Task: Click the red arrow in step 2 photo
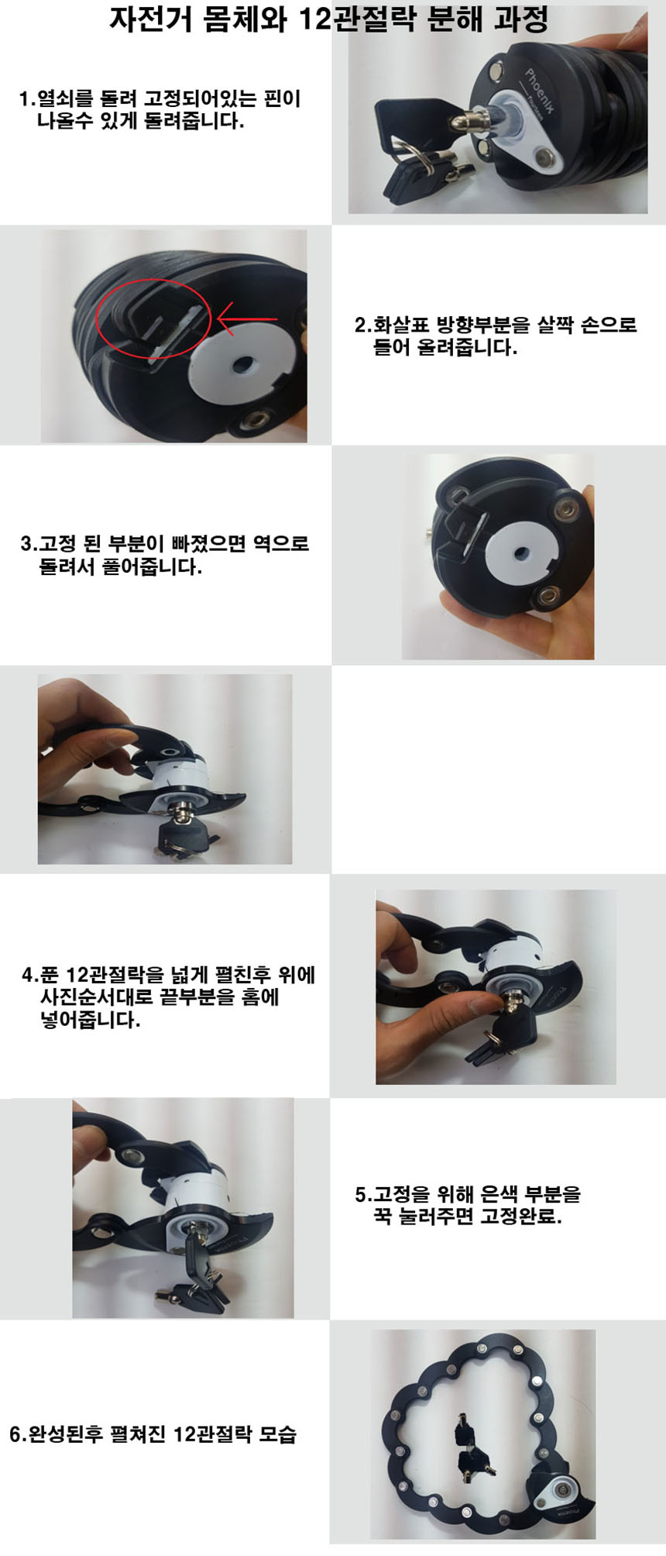coord(247,318)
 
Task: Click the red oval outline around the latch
coord(153,319)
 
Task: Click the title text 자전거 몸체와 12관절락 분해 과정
coord(328,19)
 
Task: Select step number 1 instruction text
coord(160,110)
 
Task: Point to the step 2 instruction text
coord(496,336)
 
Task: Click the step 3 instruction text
coord(164,555)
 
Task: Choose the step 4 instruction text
coord(168,997)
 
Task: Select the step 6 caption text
coord(153,1434)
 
